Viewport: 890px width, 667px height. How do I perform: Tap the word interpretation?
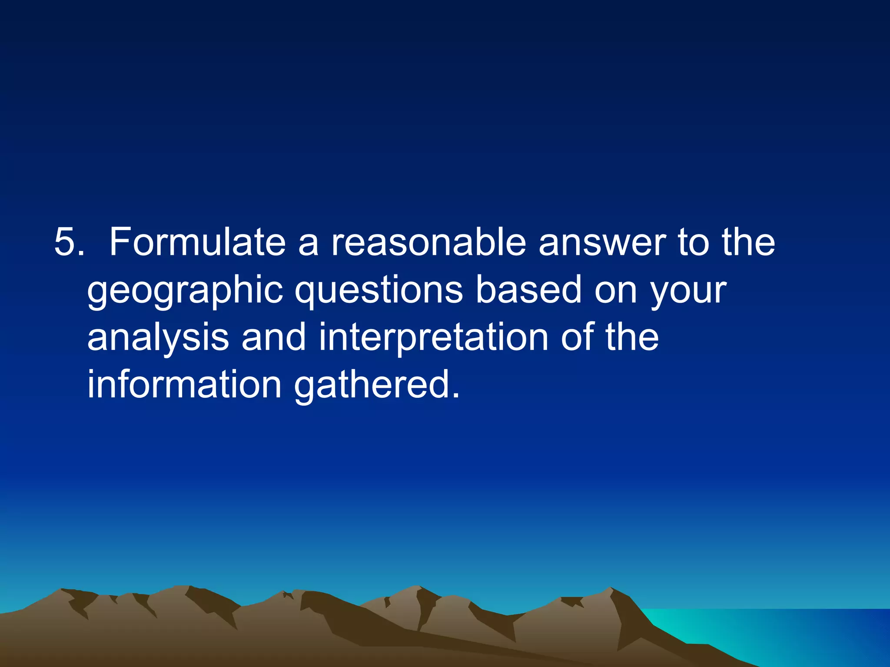(x=433, y=338)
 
